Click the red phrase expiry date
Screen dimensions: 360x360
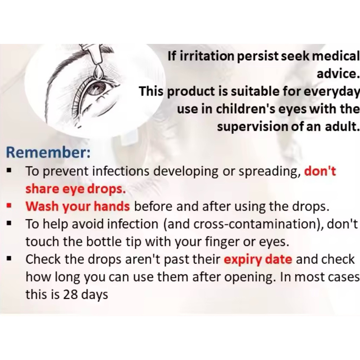click(258, 260)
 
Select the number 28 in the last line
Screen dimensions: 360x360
click(70, 294)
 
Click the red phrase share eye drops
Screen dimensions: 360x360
click(76, 189)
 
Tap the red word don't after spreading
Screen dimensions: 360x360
click(320, 171)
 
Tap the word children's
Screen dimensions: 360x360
click(245, 109)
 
